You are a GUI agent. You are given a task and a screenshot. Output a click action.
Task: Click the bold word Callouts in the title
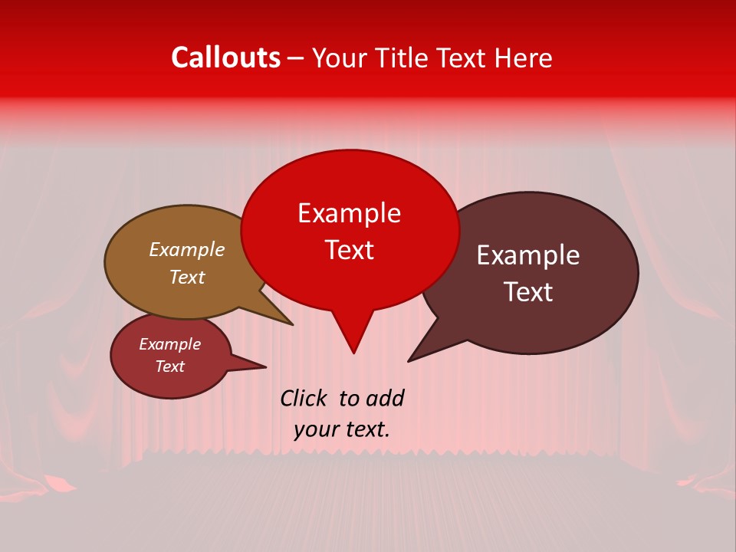click(x=225, y=58)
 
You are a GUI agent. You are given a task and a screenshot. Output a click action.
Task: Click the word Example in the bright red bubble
click(x=349, y=213)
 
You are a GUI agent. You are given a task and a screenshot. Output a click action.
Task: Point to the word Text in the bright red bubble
click(x=349, y=250)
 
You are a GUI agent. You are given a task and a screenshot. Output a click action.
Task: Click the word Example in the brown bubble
click(x=186, y=250)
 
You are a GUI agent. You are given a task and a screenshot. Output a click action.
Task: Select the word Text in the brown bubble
click(x=186, y=277)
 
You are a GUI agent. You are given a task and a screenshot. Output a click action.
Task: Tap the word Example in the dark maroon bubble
click(x=528, y=255)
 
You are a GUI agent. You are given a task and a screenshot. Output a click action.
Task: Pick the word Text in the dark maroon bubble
click(x=528, y=292)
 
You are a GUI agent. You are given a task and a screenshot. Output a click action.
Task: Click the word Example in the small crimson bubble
click(x=169, y=344)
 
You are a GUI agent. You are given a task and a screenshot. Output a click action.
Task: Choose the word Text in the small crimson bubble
click(x=169, y=366)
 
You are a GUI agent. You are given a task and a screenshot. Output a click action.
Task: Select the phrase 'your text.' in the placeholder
click(x=341, y=429)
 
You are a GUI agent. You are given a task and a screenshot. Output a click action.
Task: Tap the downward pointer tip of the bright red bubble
click(x=353, y=352)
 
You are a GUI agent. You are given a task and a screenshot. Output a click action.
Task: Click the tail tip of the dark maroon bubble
click(x=409, y=360)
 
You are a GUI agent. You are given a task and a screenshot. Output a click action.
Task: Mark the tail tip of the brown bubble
click(x=291, y=324)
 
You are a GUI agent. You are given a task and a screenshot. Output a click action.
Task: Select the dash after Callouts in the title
click(x=296, y=58)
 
